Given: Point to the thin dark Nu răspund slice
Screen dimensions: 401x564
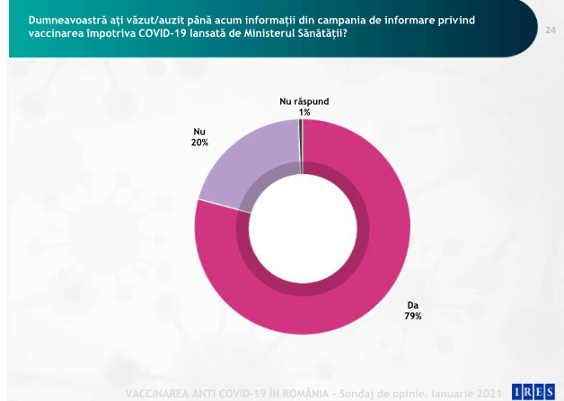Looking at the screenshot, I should coord(301,144).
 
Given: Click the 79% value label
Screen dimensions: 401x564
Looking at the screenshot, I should coord(413,316).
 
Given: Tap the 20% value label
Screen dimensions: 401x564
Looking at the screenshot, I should coord(199,142).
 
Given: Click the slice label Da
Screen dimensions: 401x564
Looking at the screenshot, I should coord(413,304).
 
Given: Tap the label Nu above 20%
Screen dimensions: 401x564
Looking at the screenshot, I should coord(199,131).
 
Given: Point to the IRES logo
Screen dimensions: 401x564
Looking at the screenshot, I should coord(533,390).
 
